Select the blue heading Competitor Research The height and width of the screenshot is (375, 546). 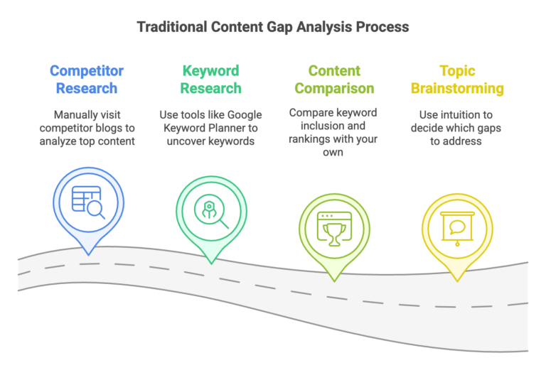(x=87, y=80)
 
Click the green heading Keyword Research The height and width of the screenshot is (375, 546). (x=210, y=80)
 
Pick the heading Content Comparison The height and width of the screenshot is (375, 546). (x=334, y=80)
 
